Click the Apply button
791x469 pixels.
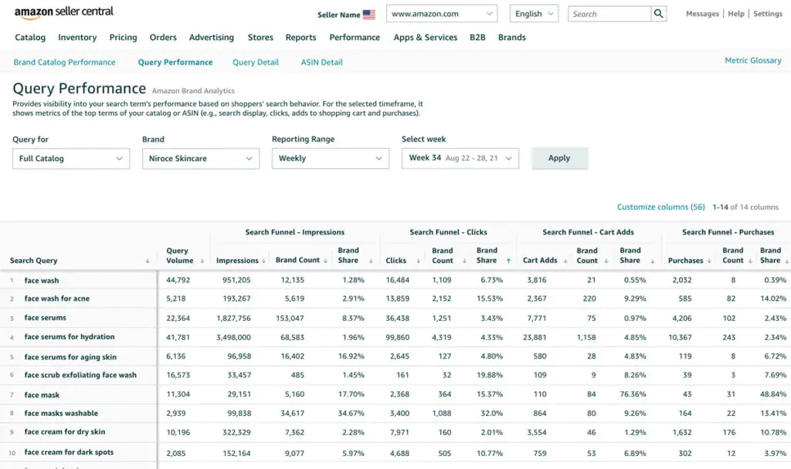click(559, 158)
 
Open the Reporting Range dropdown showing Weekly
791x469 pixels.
click(331, 158)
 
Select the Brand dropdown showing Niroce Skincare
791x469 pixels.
click(201, 158)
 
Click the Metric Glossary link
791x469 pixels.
click(752, 60)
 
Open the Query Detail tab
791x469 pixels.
click(255, 62)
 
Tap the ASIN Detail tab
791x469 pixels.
click(322, 62)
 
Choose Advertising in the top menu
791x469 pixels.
click(212, 37)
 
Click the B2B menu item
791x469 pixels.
click(477, 37)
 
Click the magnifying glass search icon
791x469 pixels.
click(658, 14)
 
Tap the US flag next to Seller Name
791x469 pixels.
click(369, 15)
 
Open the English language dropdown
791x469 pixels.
click(535, 14)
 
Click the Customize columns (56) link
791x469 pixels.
click(661, 207)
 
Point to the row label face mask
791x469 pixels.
click(42, 395)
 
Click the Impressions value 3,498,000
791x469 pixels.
click(233, 338)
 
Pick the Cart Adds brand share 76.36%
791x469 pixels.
click(633, 394)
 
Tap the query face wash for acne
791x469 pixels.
click(57, 299)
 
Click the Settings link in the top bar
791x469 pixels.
click(768, 14)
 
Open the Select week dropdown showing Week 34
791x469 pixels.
click(460, 158)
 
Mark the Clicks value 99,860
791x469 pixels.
click(398, 338)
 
